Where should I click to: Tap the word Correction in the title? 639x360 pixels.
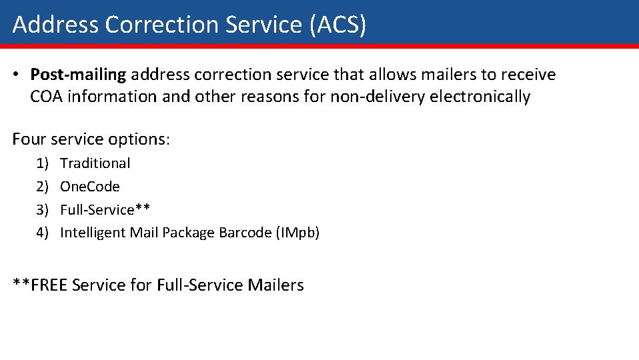point(162,25)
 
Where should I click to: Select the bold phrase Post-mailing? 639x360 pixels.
point(78,75)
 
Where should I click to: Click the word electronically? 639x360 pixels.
point(480,97)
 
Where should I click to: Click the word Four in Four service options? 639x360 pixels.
point(29,139)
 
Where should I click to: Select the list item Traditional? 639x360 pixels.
point(95,163)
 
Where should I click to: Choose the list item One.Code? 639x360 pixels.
point(89,187)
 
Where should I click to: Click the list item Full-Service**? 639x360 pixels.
point(105,209)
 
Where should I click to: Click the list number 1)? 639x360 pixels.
point(43,163)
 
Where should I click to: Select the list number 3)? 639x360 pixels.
point(43,209)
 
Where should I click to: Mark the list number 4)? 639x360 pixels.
point(43,233)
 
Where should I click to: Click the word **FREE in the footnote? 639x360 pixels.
point(40,285)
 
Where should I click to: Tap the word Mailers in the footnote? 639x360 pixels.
point(275,285)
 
